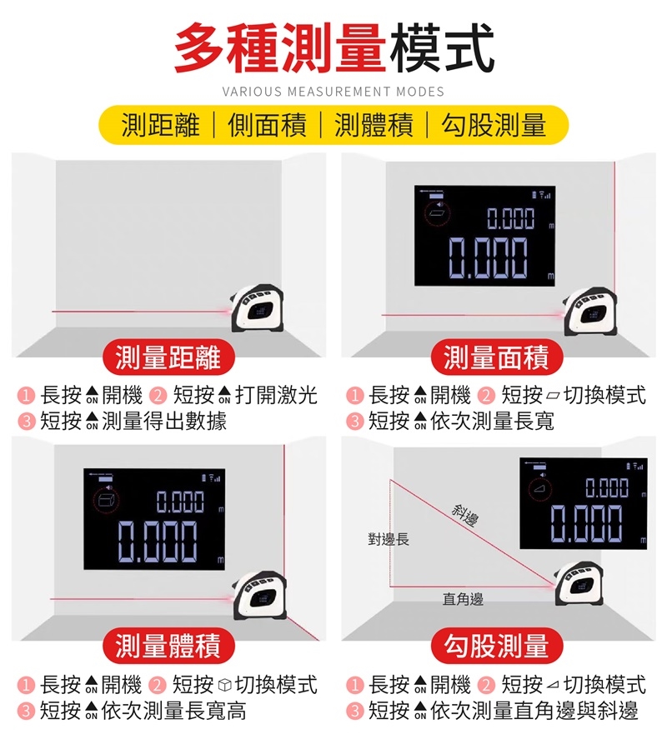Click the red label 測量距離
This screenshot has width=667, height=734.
[x=168, y=358]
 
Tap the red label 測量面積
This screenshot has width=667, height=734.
[x=496, y=358]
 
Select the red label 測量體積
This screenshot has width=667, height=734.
[x=168, y=646]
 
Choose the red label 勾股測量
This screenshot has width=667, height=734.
[x=496, y=646]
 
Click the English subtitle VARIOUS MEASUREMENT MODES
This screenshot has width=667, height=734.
[x=333, y=92]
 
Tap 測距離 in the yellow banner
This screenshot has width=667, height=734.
[x=161, y=125]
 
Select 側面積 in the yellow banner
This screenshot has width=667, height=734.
[x=267, y=125]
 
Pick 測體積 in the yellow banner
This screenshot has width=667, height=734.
[x=374, y=125]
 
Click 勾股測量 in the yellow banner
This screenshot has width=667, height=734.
[x=494, y=125]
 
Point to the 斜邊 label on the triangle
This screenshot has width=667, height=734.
[x=465, y=514]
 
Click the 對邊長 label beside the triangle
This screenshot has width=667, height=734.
[x=389, y=539]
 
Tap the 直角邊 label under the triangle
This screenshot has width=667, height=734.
[x=463, y=599]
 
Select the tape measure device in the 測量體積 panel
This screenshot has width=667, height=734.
[x=259, y=596]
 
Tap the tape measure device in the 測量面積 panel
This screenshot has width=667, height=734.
[x=589, y=312]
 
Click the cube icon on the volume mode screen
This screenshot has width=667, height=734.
[x=106, y=500]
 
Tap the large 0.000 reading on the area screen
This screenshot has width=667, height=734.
[x=488, y=257]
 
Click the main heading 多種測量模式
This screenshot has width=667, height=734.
[x=334, y=47]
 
